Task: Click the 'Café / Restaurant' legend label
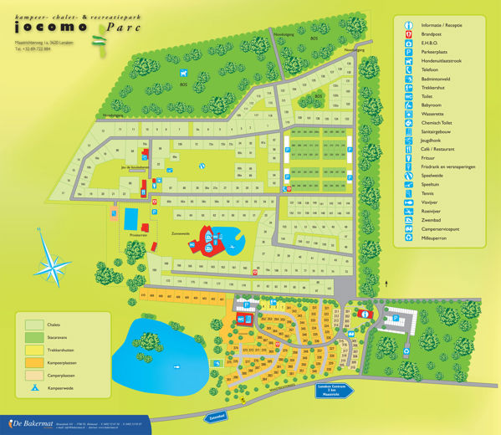coord(439,146)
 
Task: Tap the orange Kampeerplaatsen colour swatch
coord(34,363)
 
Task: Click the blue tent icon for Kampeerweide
coord(34,388)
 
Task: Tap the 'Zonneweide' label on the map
coord(182,233)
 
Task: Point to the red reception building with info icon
coord(366,312)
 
